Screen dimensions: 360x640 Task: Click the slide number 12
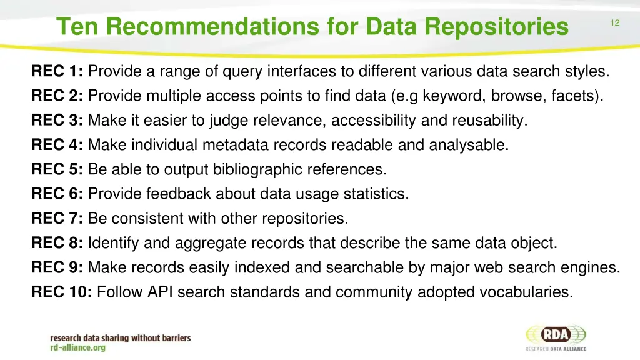coord(614,23)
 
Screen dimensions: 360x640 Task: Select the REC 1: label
coord(57,72)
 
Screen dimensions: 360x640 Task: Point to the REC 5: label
coord(57,170)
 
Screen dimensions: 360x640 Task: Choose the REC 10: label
coord(62,292)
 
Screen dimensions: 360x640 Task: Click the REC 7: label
coord(57,219)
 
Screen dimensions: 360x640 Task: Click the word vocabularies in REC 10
coord(526,292)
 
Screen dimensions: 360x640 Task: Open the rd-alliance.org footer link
coord(78,348)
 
